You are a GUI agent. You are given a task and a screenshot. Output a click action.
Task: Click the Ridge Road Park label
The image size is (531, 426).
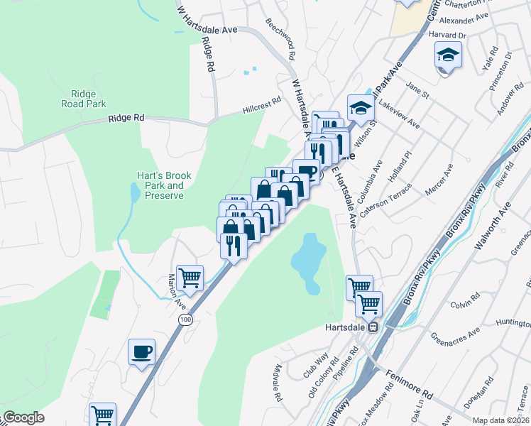88,98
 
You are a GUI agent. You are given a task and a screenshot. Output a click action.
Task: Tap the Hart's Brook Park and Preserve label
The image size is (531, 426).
160,185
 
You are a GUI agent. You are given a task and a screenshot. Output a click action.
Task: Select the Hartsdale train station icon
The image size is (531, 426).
373,327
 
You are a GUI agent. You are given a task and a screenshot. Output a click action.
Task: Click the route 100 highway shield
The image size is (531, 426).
185,321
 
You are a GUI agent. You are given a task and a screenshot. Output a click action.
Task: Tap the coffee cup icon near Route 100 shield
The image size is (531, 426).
141,351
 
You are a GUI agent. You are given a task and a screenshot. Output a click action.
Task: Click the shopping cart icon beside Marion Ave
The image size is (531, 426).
190,278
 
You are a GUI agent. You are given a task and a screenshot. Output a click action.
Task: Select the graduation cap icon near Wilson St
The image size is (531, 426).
361,108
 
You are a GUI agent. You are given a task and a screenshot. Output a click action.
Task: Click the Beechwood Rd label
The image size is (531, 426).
280,35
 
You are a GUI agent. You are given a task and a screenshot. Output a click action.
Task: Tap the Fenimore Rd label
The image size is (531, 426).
409,383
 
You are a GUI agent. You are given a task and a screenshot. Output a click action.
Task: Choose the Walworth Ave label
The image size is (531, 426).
493,228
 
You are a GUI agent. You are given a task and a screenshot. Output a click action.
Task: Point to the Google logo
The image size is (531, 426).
23,417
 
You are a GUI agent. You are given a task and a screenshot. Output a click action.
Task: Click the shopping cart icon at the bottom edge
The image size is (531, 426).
103,414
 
